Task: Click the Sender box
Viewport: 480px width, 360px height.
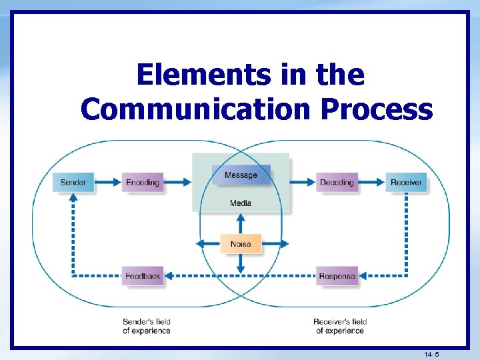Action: pyautogui.click(x=73, y=182)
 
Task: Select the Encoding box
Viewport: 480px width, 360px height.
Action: pyautogui.click(x=142, y=182)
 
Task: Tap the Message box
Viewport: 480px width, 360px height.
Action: pyautogui.click(x=241, y=175)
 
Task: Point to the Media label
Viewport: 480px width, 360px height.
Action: pyautogui.click(x=241, y=203)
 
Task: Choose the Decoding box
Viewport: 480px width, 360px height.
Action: pyautogui.click(x=337, y=182)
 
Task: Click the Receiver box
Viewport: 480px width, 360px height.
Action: pyautogui.click(x=406, y=182)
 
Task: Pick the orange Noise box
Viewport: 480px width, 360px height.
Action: pyautogui.click(x=241, y=244)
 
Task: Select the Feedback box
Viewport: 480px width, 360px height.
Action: pyautogui.click(x=142, y=275)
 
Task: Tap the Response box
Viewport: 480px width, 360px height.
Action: pyautogui.click(x=337, y=275)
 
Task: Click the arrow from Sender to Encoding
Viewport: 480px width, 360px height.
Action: pyautogui.click(x=109, y=182)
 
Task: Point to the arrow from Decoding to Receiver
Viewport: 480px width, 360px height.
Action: pyautogui.click(x=371, y=182)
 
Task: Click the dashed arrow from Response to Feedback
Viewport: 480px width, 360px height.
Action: pyautogui.click(x=240, y=275)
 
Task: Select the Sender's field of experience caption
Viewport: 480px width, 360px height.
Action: pyautogui.click(x=147, y=326)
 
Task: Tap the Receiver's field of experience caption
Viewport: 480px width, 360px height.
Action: pyautogui.click(x=340, y=326)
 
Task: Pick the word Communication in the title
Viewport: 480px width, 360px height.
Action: pyautogui.click(x=195, y=109)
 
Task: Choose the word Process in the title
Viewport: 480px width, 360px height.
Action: pyautogui.click(x=376, y=109)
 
